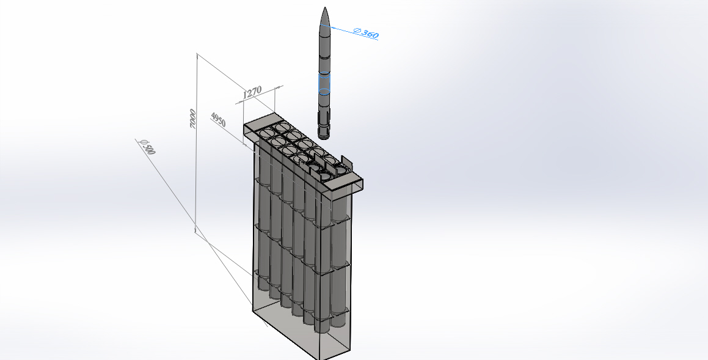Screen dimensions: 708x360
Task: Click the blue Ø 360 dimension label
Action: pos(366,33)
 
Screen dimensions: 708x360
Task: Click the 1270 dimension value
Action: pos(252,92)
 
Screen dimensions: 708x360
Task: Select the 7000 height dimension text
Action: pos(193,119)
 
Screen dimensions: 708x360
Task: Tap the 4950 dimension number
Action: pos(218,119)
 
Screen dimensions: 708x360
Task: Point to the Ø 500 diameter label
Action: pos(148,147)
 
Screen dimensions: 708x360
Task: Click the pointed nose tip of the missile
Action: pos(325,8)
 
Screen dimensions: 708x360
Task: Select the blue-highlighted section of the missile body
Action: pos(324,83)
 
